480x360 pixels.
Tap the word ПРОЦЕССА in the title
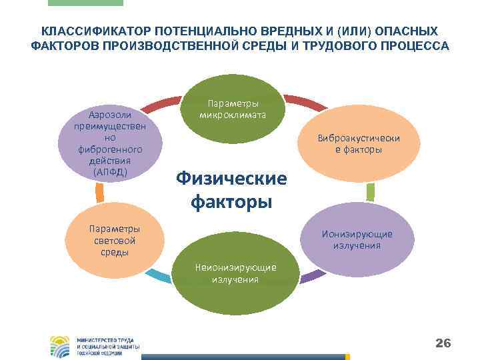415,47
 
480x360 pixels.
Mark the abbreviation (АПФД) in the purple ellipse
111,172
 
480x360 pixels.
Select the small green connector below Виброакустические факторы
371,192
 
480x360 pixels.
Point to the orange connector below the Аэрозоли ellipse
99,193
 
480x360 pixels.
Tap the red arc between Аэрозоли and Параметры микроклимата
161,103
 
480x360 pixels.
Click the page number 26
443,343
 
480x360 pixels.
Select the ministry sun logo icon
61,345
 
